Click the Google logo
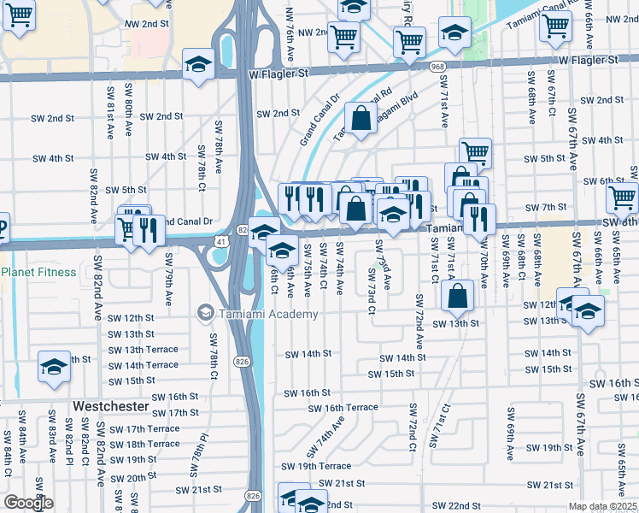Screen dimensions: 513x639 click(28, 504)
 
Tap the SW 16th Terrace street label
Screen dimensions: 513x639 click(343, 408)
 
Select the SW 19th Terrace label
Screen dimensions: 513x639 click(313, 466)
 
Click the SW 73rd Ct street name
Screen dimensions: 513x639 click(372, 291)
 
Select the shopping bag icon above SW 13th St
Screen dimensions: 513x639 click(459, 296)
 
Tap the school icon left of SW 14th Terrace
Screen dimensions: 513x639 click(54, 369)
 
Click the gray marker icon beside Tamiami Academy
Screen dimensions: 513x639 click(205, 314)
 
